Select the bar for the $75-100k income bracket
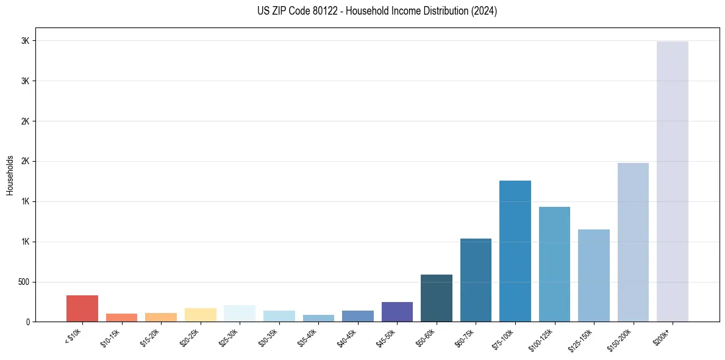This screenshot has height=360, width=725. [x=515, y=251]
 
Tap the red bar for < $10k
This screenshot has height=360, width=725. [x=82, y=308]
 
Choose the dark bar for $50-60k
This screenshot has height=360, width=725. [x=437, y=298]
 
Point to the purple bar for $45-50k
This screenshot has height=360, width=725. [x=397, y=312]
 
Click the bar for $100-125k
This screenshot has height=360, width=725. [x=554, y=264]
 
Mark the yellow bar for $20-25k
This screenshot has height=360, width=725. [x=200, y=315]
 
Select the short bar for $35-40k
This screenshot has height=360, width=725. [x=318, y=319]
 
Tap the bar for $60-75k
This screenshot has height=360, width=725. [x=476, y=280]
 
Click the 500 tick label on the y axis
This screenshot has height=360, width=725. [x=23, y=283]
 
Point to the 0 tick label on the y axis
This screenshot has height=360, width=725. [x=27, y=322]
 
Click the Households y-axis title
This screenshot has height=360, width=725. [x=10, y=175]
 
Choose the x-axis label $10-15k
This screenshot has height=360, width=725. [x=111, y=337]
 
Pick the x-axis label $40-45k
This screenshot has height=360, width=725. [x=347, y=337]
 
